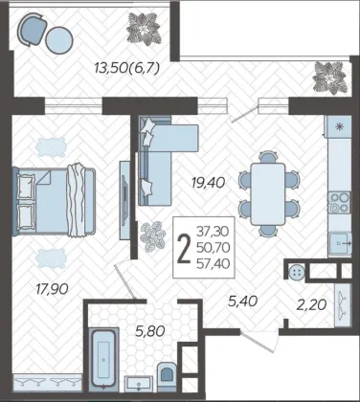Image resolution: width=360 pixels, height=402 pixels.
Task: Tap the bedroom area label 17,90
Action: (52, 289)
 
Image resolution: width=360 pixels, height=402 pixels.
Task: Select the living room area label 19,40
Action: (209, 183)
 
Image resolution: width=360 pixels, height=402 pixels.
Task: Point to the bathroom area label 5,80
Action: (150, 331)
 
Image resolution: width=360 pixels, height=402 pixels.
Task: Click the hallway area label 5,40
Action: (242, 301)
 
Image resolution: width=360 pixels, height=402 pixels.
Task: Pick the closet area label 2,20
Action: (311, 305)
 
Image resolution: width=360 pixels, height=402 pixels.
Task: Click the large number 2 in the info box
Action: (184, 249)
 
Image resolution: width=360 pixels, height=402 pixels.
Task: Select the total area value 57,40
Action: (214, 263)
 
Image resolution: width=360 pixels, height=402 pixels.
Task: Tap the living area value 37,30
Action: (214, 232)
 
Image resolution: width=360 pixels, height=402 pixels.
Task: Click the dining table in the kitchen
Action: (268, 194)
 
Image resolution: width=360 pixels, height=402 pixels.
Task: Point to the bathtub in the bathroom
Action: (104, 358)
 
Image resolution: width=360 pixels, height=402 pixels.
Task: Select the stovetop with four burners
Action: (339, 202)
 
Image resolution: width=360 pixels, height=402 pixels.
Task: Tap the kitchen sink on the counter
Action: (340, 243)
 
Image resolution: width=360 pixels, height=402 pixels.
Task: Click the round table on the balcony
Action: (59, 40)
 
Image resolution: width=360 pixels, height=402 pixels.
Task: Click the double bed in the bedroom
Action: (54, 202)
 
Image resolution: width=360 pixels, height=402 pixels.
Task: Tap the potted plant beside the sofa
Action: (152, 236)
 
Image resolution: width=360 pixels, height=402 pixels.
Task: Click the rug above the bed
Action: (51, 147)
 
